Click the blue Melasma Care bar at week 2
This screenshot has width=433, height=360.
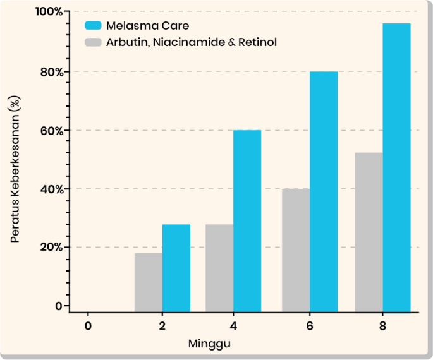pos(176,268)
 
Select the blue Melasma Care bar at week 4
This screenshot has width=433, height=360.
pos(247,220)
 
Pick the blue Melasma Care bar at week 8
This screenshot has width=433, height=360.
pos(396,167)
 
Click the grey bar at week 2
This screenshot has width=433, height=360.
pos(149,282)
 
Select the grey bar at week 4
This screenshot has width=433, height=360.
pos(219,268)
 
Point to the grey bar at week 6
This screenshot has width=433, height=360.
pos(295,250)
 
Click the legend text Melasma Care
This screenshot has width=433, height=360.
pos(147,26)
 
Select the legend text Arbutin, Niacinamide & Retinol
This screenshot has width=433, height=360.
pos(192,42)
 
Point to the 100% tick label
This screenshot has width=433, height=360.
pos(49,12)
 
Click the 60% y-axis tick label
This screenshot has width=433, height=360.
pos(51,131)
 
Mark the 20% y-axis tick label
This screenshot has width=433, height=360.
pos(51,247)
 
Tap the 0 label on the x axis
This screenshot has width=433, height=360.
pos(88,326)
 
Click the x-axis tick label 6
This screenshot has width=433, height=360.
pos(309,326)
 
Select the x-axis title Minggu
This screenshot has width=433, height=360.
pos(209,344)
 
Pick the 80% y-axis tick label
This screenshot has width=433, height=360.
pos(51,71)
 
